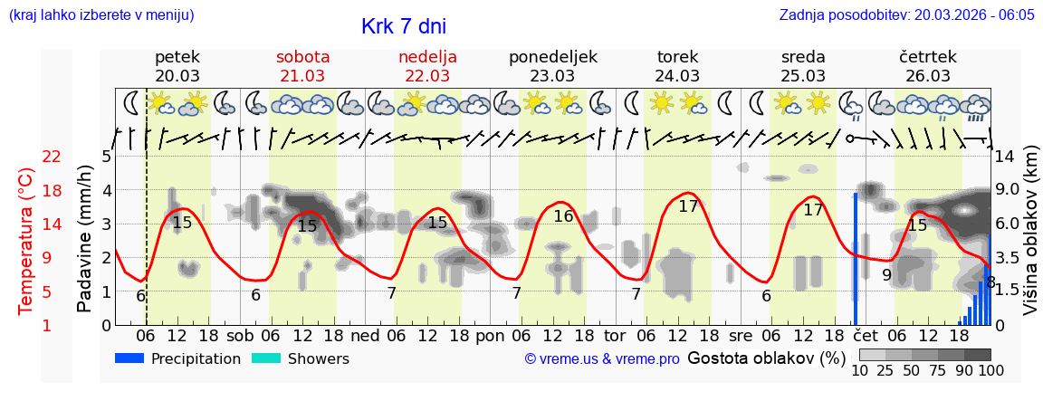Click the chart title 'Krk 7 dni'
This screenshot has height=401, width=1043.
403,26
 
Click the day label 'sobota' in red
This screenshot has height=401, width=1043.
302,56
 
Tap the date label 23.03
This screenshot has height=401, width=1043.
552,75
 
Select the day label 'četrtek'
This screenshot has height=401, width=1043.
928,56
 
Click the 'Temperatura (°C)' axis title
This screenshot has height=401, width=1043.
27,241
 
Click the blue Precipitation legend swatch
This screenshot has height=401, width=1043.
130,358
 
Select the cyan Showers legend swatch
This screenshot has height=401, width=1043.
266,358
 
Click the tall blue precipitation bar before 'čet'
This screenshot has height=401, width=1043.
855,258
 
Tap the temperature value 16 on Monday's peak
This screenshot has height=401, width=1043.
563,216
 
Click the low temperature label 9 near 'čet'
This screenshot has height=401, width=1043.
886,274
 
